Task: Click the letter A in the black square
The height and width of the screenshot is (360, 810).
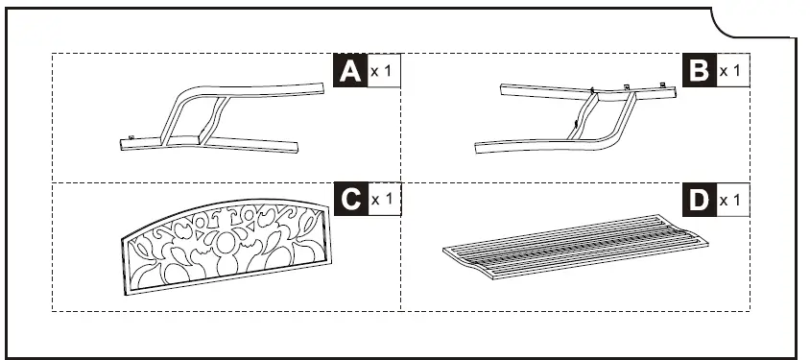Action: (349, 71)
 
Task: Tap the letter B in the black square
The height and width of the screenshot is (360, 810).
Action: (700, 71)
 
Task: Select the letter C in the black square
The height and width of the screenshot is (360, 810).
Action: (349, 199)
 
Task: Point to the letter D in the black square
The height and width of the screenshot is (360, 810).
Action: (700, 200)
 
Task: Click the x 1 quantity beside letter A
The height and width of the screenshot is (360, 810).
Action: (382, 71)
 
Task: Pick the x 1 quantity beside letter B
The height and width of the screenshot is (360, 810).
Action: (731, 71)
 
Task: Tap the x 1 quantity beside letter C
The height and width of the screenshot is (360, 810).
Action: (382, 199)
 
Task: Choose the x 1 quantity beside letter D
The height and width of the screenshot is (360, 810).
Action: (731, 200)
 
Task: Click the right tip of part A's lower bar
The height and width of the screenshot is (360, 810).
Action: (297, 148)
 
